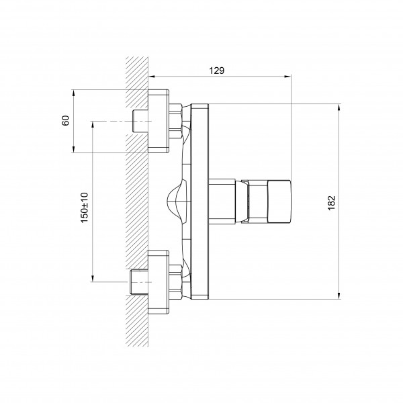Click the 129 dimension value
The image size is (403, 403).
216,71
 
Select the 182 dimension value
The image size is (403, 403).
332,203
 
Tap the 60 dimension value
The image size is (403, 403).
66,120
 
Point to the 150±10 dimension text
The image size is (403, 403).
85,208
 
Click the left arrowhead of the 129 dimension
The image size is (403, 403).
152,77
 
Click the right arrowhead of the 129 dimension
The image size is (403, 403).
288,77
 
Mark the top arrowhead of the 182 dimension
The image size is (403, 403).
339,107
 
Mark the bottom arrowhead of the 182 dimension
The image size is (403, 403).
339,296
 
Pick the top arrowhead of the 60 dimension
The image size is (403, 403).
73,93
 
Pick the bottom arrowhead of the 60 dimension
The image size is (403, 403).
73,149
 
